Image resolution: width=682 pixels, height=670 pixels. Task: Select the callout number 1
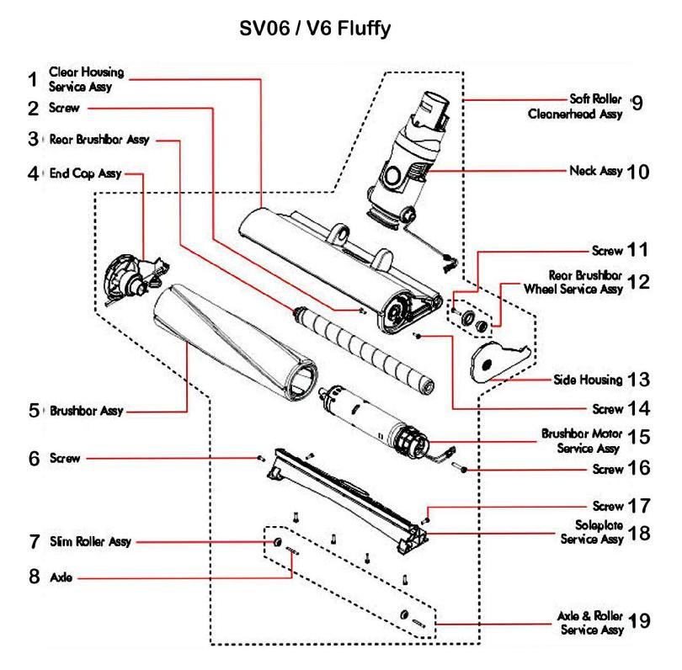click(32, 80)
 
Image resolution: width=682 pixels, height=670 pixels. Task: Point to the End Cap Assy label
click(87, 174)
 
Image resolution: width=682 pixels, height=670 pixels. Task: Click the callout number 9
click(637, 104)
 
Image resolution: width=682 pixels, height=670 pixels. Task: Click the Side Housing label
click(589, 380)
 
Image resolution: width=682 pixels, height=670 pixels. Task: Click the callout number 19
click(638, 621)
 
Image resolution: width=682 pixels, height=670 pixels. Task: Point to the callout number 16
click(638, 469)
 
